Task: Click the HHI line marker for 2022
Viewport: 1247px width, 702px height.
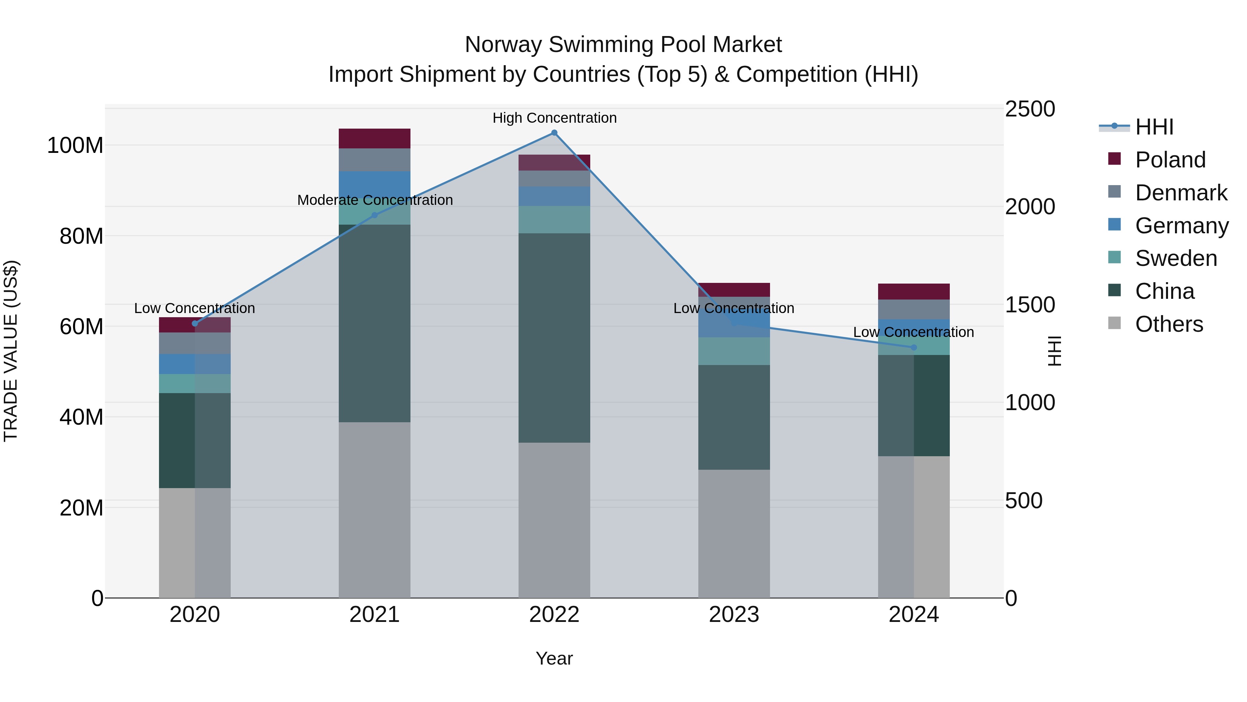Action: (554, 133)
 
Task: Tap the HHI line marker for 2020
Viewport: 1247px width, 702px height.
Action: (195, 324)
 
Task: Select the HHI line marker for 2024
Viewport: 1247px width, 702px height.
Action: (913, 347)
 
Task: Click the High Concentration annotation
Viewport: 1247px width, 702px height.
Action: (554, 118)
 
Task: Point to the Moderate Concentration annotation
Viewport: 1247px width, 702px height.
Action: (375, 200)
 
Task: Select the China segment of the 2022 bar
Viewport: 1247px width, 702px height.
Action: (554, 338)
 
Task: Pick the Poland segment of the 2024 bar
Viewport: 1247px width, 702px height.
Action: (913, 292)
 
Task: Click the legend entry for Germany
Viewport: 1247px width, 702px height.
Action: (1181, 226)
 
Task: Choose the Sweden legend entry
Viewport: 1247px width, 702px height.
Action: (1175, 258)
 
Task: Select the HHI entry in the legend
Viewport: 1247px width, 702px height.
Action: (1154, 127)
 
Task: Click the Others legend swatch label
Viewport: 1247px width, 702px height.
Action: (1169, 324)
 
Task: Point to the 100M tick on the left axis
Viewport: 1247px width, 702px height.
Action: (75, 145)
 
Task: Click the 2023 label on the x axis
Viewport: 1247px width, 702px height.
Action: (734, 615)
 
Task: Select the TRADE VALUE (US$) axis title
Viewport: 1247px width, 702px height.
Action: (11, 351)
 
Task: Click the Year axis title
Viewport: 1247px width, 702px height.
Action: (554, 658)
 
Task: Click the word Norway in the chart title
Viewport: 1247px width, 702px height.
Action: (503, 45)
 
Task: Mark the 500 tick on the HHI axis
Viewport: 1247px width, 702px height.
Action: (1023, 501)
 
